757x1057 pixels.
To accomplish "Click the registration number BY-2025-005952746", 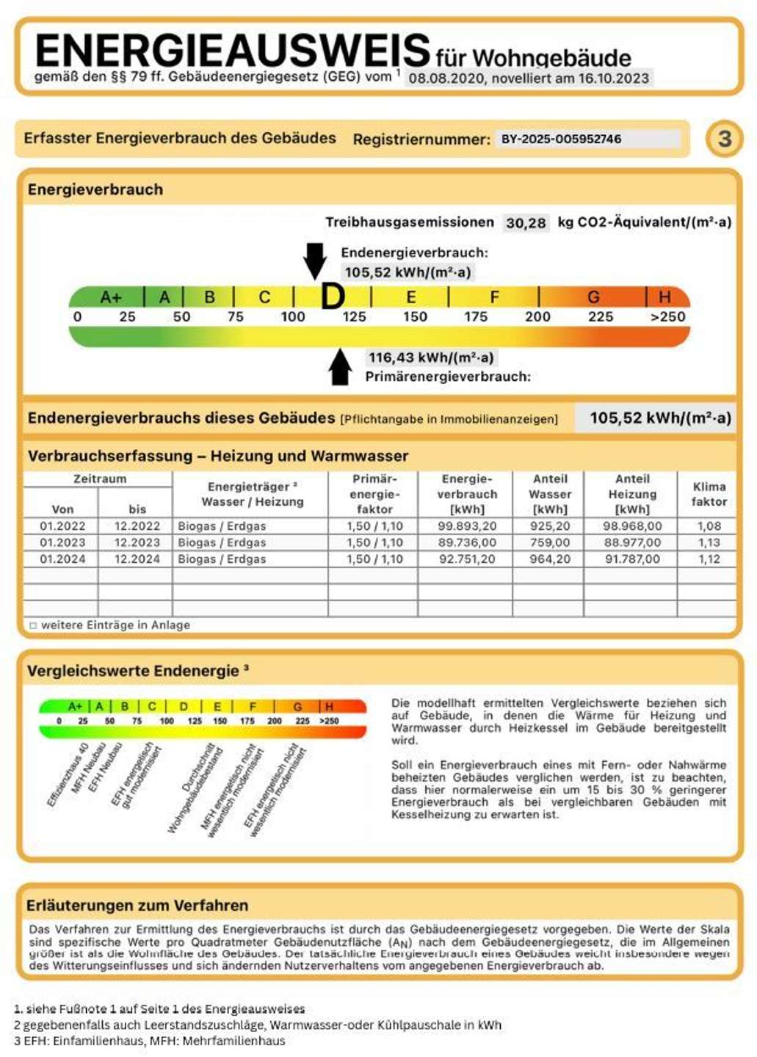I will click(x=561, y=139).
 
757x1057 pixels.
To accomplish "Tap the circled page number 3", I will click(x=724, y=139).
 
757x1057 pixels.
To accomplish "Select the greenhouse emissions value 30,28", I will click(x=526, y=223).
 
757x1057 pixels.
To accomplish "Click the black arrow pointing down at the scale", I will click(x=315, y=261).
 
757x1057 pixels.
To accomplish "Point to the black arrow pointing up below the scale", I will click(x=340, y=366).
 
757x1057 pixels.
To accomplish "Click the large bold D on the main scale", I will click(x=333, y=297).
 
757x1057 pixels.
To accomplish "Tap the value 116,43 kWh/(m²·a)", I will click(x=431, y=357).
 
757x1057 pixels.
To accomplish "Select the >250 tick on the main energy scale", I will click(x=667, y=317).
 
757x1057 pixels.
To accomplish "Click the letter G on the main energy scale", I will click(x=593, y=297).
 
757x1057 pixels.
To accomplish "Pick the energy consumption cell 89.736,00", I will click(x=467, y=542).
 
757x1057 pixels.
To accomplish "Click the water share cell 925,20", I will click(x=550, y=526).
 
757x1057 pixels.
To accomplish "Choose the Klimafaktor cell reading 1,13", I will click(x=709, y=542).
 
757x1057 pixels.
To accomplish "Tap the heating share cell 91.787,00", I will click(x=632, y=559).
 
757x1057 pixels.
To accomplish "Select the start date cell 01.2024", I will click(x=62, y=559).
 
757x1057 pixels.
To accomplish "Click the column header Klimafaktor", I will click(x=709, y=494).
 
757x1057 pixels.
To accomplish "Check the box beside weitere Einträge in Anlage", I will click(x=33, y=625).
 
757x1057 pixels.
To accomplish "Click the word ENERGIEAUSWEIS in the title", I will click(x=232, y=51).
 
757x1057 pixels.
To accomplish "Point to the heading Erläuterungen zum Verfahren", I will click(x=137, y=905).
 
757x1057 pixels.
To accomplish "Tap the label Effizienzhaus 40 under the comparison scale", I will click(x=68, y=774).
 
